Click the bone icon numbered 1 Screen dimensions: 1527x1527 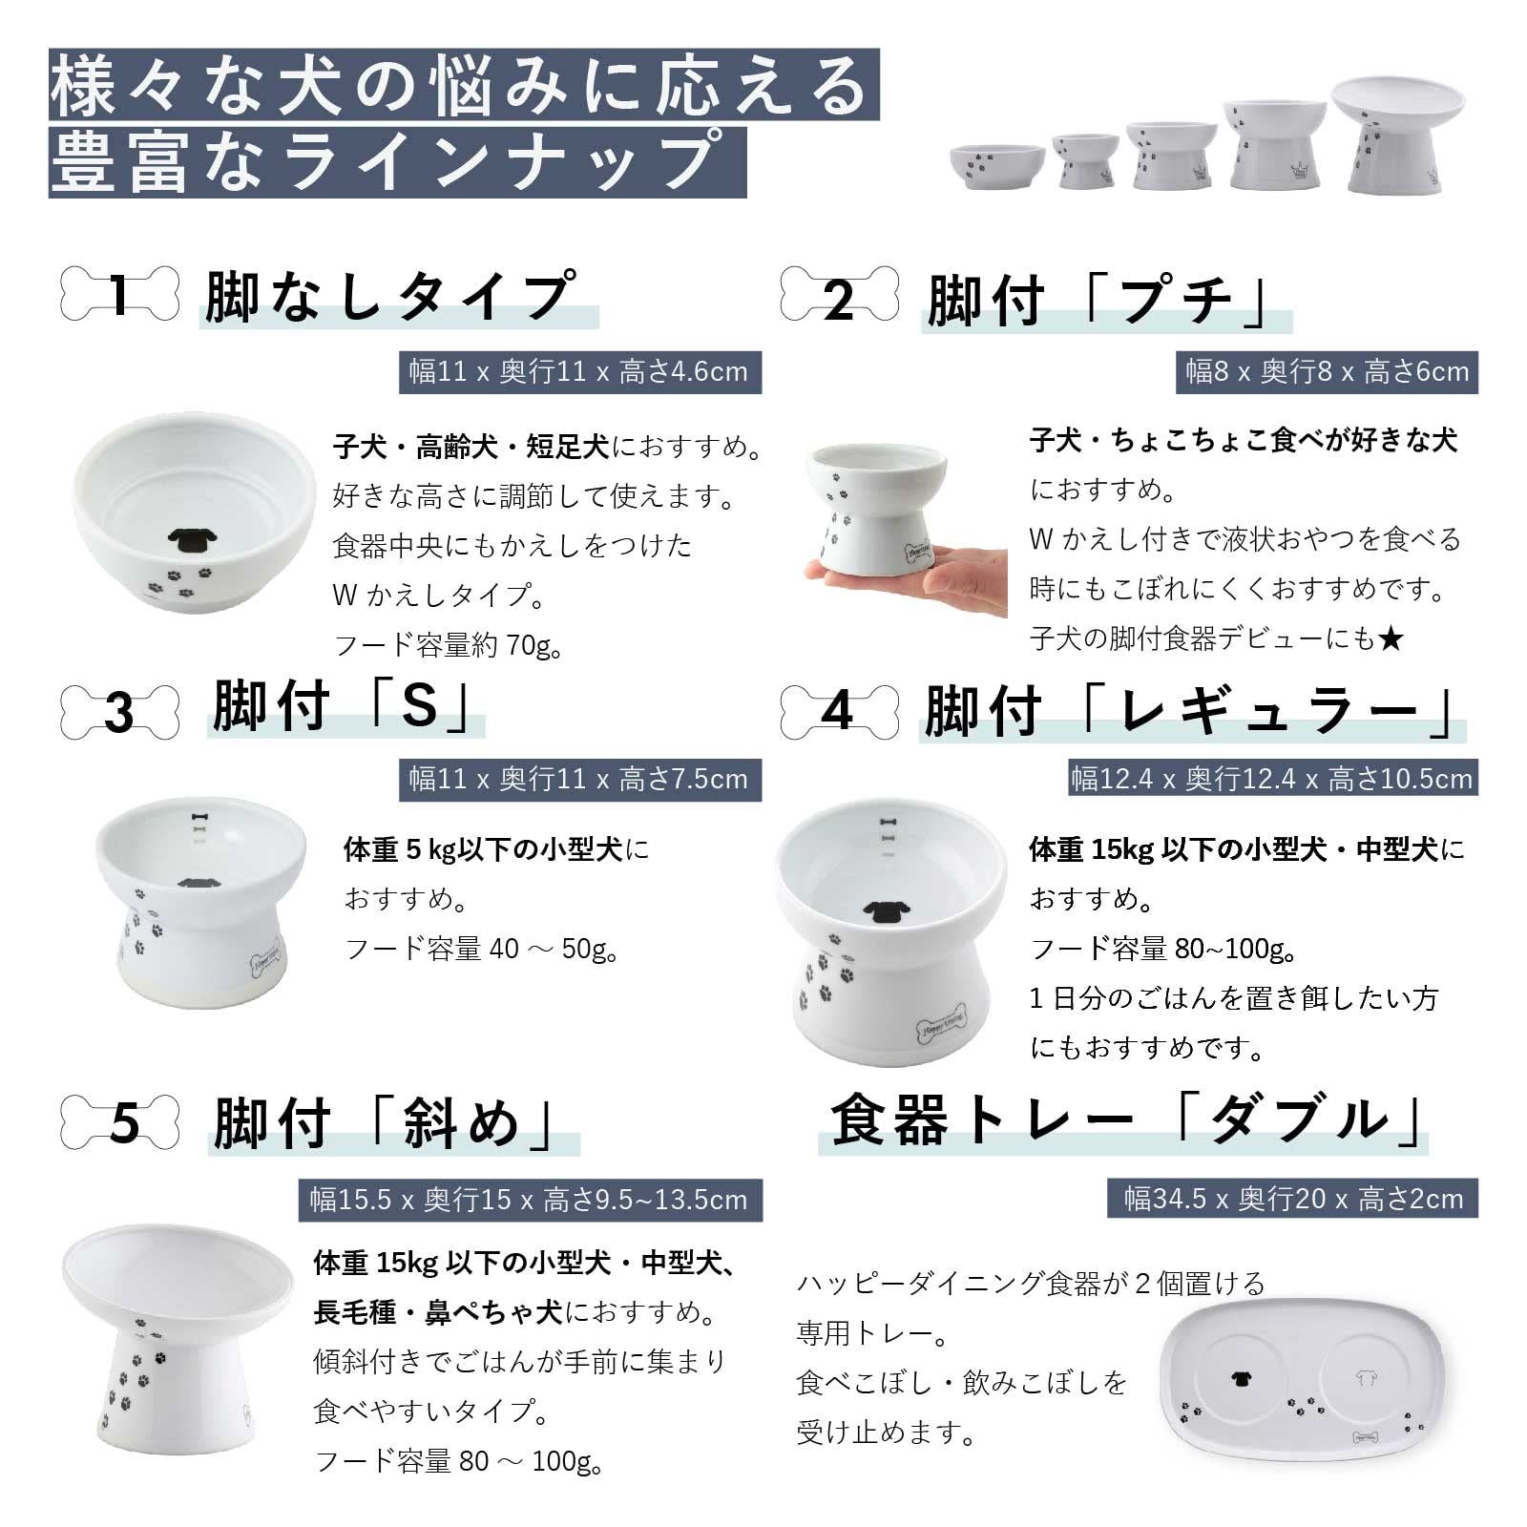pos(119,293)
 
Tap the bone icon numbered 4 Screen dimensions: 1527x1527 pos(840,711)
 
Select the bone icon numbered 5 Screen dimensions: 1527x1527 pos(119,1122)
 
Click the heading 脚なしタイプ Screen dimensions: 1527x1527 pos(391,296)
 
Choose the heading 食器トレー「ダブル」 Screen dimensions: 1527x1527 pos(1126,1120)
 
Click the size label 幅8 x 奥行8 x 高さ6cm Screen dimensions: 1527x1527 pos(1327,371)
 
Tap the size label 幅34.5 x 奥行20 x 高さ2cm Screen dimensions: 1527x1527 pos(1293,1199)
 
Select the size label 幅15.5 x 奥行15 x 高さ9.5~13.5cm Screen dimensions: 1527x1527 pos(530,1200)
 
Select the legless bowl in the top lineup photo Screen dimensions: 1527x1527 pos(997,166)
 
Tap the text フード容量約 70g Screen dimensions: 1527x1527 pos(449,646)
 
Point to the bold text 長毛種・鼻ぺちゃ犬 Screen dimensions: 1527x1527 pos(437,1313)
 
